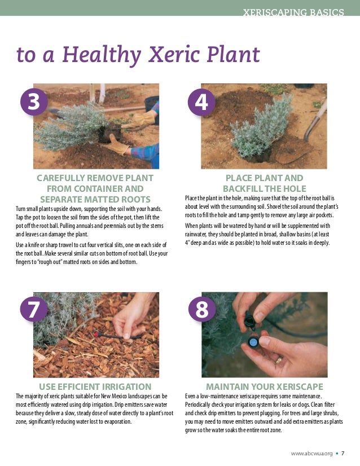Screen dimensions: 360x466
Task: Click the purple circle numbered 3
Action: pos(34,102)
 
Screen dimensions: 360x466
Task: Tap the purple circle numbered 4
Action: pos(201,102)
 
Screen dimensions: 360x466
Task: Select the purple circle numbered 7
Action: pos(34,309)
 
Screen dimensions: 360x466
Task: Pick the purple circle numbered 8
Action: pos(202,309)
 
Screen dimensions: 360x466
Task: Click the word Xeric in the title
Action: pos(174,54)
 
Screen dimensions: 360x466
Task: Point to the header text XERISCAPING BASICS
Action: pos(293,12)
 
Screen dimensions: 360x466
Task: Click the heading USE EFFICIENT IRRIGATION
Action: pos(95,386)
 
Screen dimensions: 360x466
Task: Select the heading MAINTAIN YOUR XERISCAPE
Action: pos(265,386)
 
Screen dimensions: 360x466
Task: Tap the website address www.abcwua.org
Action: pos(311,454)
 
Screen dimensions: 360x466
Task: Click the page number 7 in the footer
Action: pos(343,453)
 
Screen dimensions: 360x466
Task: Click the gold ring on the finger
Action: pos(279,360)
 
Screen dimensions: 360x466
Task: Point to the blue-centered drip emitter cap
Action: pos(254,342)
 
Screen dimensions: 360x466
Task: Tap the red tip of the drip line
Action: pos(96,335)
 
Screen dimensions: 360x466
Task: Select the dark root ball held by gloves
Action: pos(109,133)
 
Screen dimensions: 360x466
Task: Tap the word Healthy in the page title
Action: pos(102,55)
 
